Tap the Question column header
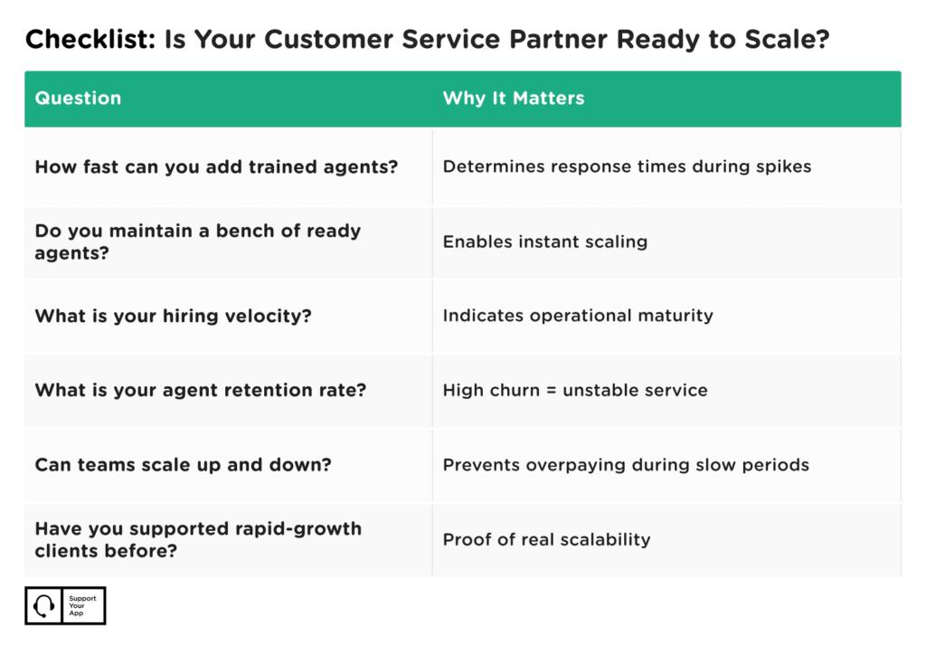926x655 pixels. click(x=78, y=99)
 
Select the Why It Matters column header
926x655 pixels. click(x=513, y=99)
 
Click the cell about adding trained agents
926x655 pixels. click(x=216, y=167)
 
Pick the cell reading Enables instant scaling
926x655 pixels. click(x=544, y=242)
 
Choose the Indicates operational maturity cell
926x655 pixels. click(x=577, y=316)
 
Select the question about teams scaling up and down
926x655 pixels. click(x=183, y=465)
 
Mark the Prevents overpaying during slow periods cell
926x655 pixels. click(x=625, y=465)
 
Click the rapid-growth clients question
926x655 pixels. click(x=197, y=538)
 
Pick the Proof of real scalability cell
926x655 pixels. click(x=546, y=539)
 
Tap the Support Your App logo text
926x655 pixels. click(x=82, y=606)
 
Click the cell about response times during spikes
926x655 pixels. click(x=627, y=167)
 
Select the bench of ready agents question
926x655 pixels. click(x=197, y=242)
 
